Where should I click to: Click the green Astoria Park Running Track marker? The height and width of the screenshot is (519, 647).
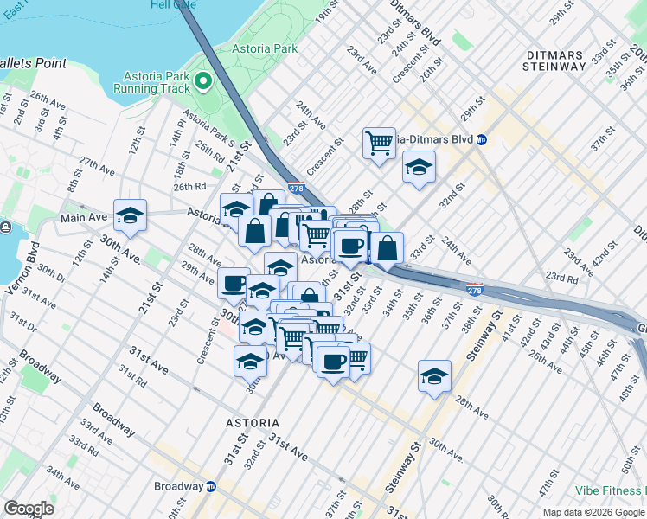(203, 82)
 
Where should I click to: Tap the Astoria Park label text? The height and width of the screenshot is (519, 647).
(265, 49)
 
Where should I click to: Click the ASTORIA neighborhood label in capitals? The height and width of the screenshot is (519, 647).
(253, 423)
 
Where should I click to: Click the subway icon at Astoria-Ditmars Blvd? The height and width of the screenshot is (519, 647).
(482, 139)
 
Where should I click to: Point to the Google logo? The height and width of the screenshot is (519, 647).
(29, 509)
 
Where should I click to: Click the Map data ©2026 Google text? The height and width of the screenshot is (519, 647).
(593, 512)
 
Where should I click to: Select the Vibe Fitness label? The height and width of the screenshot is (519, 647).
(611, 490)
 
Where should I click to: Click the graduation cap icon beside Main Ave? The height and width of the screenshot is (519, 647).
(130, 215)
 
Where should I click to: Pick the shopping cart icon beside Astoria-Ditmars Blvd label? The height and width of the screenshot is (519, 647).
(379, 142)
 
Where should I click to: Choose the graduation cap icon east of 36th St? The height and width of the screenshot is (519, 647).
(434, 375)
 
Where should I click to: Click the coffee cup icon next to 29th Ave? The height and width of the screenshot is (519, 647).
(234, 282)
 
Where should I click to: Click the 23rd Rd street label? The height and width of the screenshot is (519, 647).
(560, 279)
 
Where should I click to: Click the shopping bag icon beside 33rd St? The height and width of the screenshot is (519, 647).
(388, 247)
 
